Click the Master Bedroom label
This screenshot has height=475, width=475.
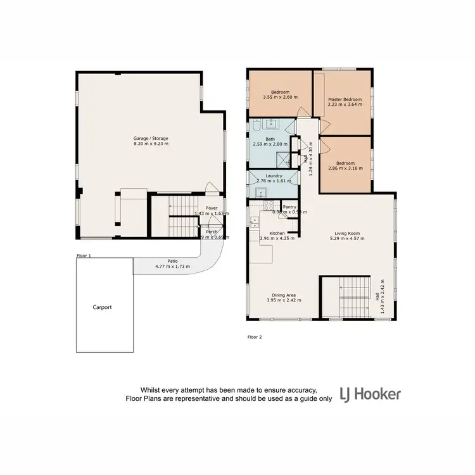coord(345,99)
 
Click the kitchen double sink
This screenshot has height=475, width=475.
coord(255,222)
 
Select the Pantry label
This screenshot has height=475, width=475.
coord(290,206)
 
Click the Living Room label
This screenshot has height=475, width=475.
coord(347,233)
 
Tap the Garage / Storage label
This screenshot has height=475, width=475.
coord(151,138)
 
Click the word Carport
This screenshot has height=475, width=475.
coord(103,307)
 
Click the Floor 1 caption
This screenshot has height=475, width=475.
coord(84,256)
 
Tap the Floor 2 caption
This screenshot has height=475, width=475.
coord(254,338)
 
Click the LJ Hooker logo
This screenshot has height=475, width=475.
coord(370,394)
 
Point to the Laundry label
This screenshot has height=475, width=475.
coord(274,176)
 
